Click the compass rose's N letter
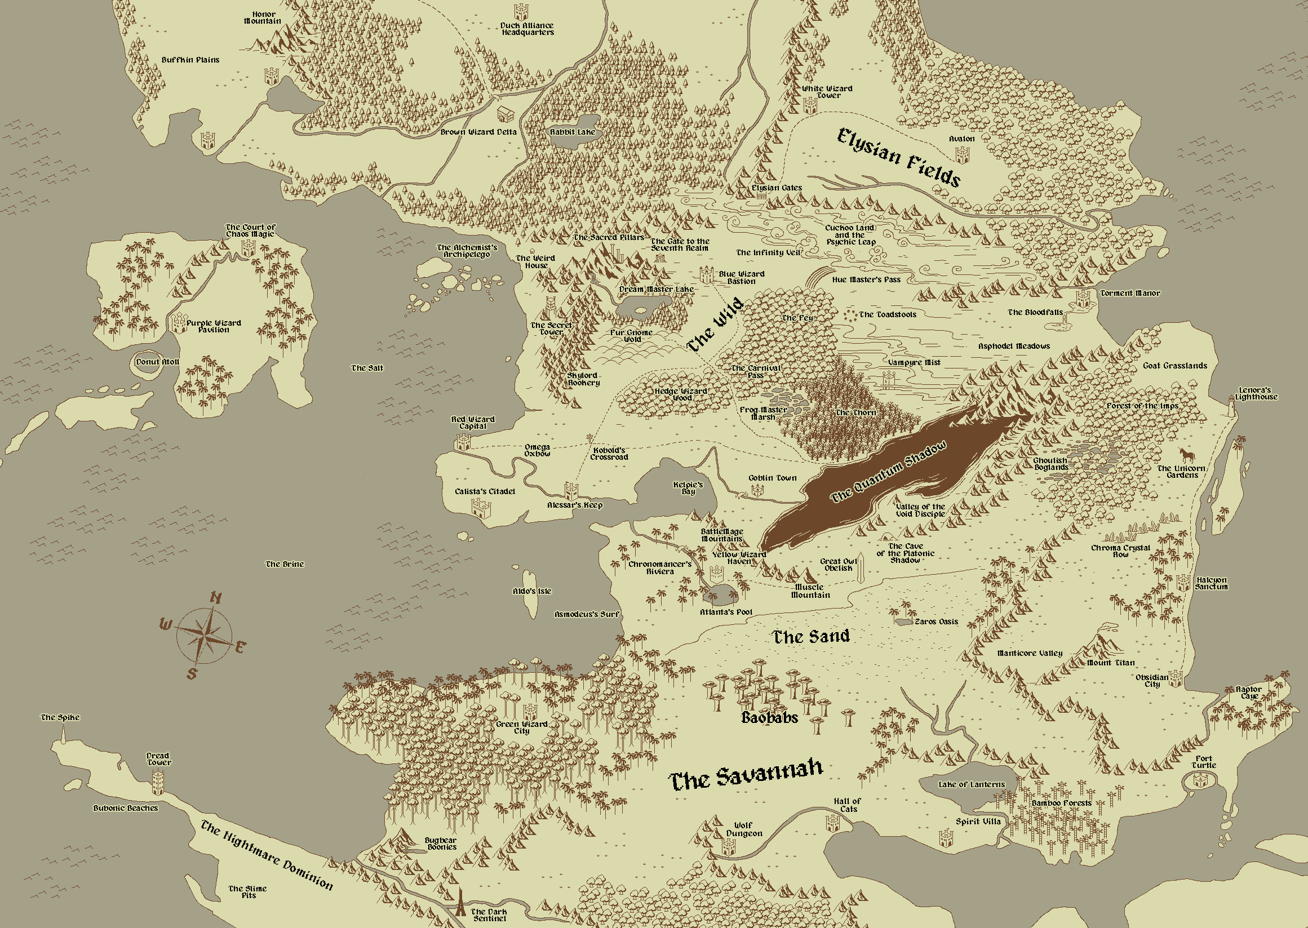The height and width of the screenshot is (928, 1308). (216, 598)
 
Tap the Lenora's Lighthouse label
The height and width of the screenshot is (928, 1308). (1256, 394)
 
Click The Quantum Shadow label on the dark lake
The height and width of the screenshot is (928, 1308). (888, 472)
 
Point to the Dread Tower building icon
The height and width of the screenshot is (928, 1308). (158, 782)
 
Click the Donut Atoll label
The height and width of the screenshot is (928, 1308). (157, 362)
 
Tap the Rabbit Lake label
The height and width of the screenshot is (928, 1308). (572, 132)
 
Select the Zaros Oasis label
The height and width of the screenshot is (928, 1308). (936, 621)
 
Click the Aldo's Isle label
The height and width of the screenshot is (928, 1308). (531, 591)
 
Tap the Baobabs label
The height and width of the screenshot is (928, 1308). (769, 718)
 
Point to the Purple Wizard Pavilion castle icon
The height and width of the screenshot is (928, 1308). (178, 322)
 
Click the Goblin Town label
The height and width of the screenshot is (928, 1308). (772, 478)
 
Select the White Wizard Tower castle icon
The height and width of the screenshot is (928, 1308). (810, 105)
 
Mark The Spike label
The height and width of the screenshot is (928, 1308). (60, 717)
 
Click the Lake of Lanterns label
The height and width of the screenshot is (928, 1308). (971, 784)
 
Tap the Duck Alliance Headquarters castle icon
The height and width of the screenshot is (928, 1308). (520, 12)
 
